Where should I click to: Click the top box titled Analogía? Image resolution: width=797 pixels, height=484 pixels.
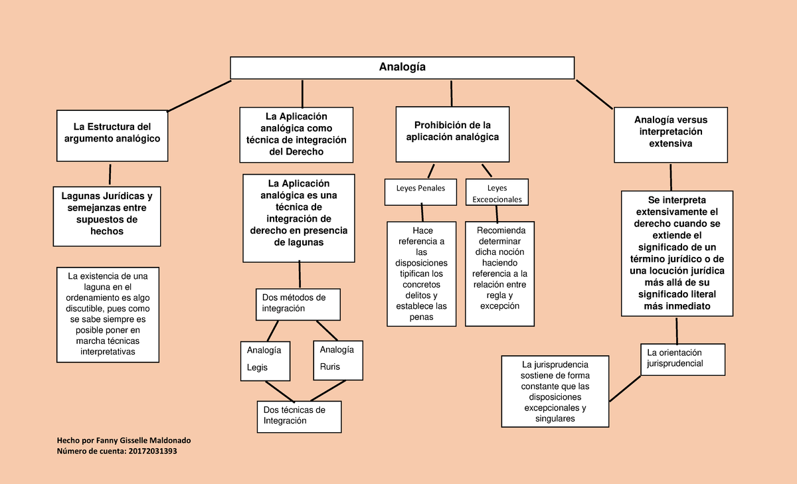pyautogui.click(x=402, y=68)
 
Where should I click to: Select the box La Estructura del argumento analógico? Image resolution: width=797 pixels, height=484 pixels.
pyautogui.click(x=112, y=136)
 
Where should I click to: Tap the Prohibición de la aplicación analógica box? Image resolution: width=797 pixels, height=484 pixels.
pyautogui.click(x=452, y=134)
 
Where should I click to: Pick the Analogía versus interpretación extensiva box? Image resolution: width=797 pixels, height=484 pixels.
pyautogui.click(x=671, y=135)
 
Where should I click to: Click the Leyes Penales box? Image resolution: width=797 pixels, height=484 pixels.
pyautogui.click(x=420, y=192)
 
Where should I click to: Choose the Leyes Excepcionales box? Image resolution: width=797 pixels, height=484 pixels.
pyautogui.click(x=497, y=192)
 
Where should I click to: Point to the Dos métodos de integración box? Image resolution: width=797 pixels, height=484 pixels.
pyautogui.click(x=298, y=305)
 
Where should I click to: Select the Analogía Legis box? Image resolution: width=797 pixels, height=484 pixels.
pyautogui.click(x=265, y=361)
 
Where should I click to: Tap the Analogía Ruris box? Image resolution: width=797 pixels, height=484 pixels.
pyautogui.click(x=338, y=361)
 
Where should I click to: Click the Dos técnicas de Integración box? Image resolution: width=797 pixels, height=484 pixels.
pyautogui.click(x=300, y=417)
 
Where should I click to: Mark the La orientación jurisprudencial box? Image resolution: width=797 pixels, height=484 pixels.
pyautogui.click(x=683, y=360)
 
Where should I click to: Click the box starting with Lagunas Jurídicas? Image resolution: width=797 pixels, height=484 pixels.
pyautogui.click(x=107, y=216)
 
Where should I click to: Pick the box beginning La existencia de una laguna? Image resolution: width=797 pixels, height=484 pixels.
pyautogui.click(x=108, y=315)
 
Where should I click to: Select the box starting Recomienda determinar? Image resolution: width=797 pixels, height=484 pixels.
pyautogui.click(x=499, y=274)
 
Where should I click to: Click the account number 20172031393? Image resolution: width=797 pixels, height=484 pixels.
pyautogui.click(x=153, y=451)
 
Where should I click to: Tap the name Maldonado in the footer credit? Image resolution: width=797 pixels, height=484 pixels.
pyautogui.click(x=170, y=441)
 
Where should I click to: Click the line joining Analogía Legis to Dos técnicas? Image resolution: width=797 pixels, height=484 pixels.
pyautogui.click(x=280, y=392)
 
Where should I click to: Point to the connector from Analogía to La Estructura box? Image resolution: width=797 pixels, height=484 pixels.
pyautogui.click(x=199, y=96)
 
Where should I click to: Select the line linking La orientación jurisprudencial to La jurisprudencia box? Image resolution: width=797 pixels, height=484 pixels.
pyautogui.click(x=625, y=388)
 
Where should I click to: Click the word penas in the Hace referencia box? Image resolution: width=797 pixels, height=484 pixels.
pyautogui.click(x=421, y=317)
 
